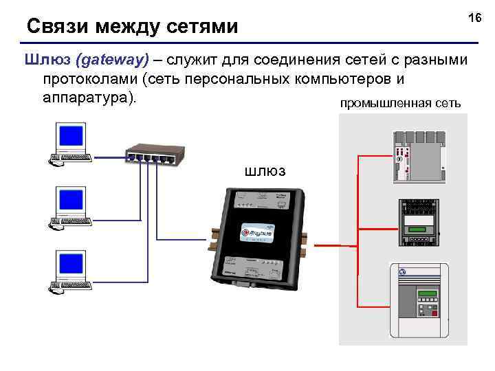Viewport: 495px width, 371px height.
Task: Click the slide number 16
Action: pos(474,17)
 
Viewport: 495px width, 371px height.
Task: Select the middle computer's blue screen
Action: pos(71,200)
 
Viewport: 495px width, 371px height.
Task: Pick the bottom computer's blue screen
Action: pos(71,262)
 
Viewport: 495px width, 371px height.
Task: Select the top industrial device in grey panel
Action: pos(418,156)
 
